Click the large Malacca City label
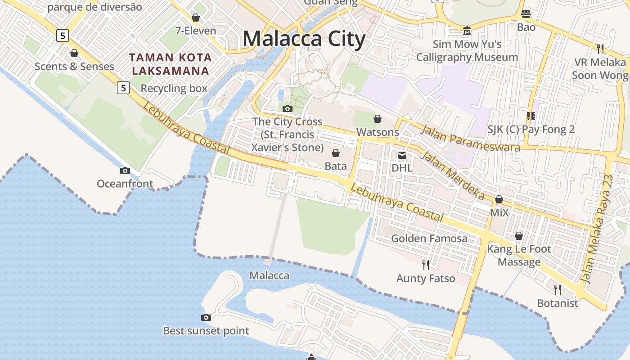(x=304, y=39)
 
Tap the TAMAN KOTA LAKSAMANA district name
(x=170, y=64)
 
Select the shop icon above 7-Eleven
(x=196, y=18)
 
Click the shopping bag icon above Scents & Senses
(x=74, y=54)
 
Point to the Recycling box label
(x=174, y=88)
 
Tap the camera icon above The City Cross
(x=287, y=108)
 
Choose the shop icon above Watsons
(x=378, y=119)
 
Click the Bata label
(x=336, y=166)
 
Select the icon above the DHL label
(x=402, y=155)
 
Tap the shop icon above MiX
(x=499, y=199)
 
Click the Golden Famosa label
(x=429, y=238)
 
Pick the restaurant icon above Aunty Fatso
(x=425, y=265)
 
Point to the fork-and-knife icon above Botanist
(x=558, y=289)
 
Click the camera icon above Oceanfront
(x=125, y=171)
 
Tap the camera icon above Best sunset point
(x=206, y=317)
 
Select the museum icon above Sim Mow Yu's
(x=467, y=31)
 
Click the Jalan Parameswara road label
(x=470, y=139)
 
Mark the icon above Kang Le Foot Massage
(x=519, y=236)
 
